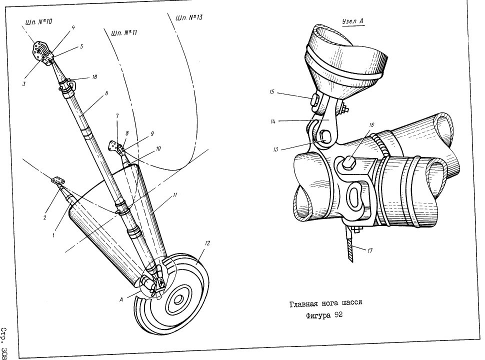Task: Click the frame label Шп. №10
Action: point(38,22)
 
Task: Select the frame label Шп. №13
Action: point(189,17)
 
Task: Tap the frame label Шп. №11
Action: point(123,32)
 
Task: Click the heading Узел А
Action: point(353,21)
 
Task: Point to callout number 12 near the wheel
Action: point(207,243)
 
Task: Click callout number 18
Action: point(94,76)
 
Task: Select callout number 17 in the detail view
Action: point(370,250)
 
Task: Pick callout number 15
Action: point(272,92)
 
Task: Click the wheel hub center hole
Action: point(178,299)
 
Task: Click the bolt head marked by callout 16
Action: point(348,162)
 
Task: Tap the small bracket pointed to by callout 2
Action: point(58,180)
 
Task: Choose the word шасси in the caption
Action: point(351,302)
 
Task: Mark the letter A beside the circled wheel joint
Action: point(121,299)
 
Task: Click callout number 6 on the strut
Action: point(106,93)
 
